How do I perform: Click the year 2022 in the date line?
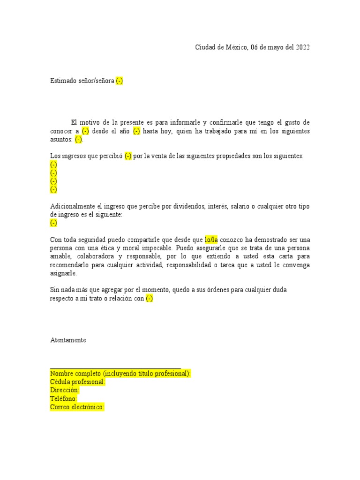(302, 47)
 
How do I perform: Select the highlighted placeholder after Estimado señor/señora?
(120, 81)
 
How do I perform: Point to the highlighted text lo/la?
(211, 240)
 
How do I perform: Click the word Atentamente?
(68, 340)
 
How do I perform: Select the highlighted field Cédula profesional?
(77, 382)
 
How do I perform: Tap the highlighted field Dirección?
(65, 390)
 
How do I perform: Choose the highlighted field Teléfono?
(64, 399)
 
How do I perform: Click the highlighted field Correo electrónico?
(77, 407)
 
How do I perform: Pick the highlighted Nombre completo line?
(120, 374)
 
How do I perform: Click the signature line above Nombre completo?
(115, 368)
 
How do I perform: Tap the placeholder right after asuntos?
(78, 139)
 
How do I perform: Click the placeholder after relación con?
(149, 299)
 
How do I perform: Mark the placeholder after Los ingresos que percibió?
(128, 156)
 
